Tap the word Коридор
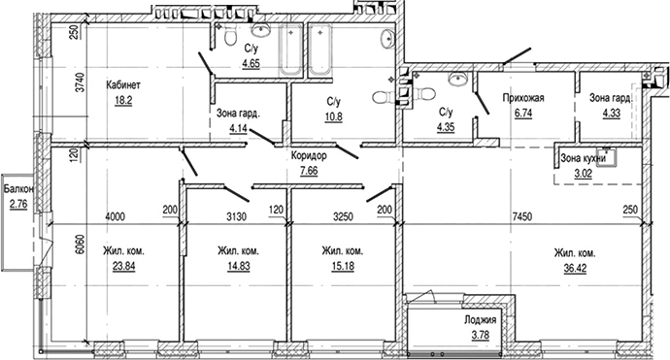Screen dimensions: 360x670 [x=309, y=155]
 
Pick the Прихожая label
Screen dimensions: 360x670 [x=521, y=98]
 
